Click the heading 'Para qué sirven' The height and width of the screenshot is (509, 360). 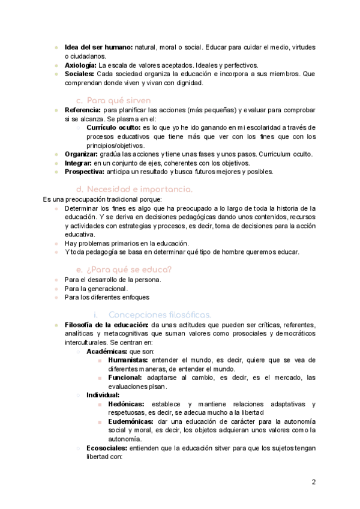(118, 100)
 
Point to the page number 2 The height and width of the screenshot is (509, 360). (314, 482)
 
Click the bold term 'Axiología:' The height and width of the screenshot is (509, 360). (80, 65)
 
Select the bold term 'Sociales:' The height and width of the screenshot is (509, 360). (79, 74)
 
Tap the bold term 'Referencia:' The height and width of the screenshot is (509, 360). (83, 110)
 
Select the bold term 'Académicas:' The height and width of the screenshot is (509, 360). (106, 351)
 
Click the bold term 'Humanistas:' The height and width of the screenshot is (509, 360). (128, 360)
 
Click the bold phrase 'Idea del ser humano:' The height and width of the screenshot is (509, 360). (98, 47)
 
